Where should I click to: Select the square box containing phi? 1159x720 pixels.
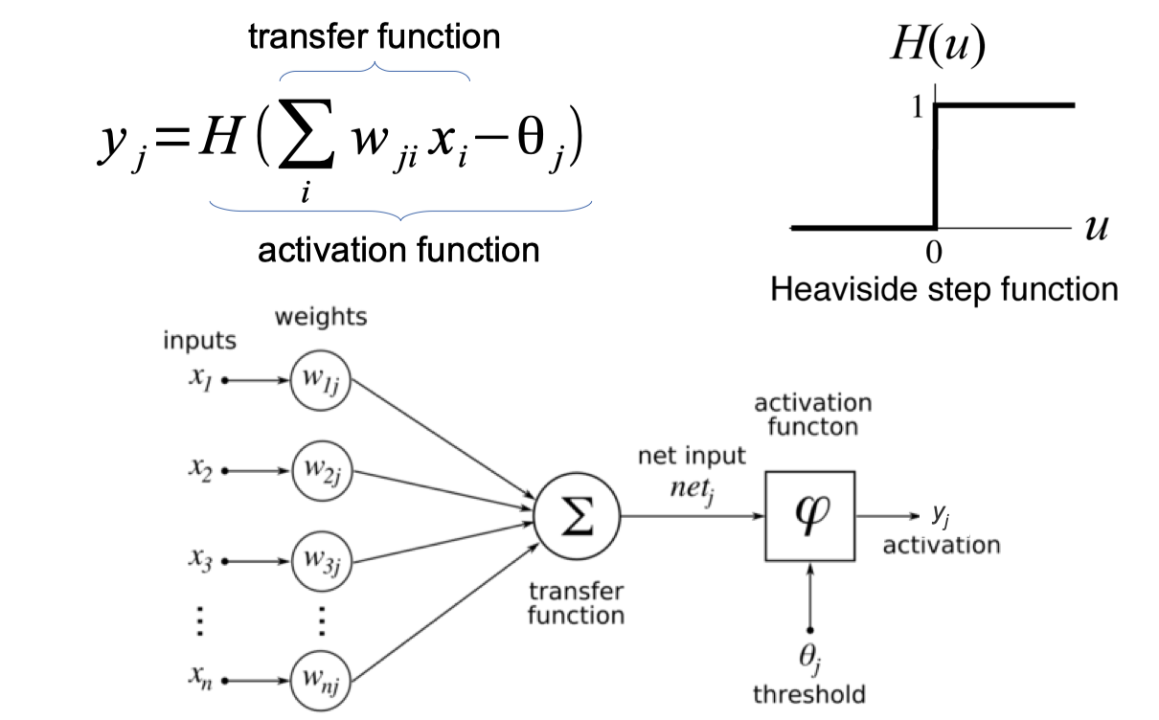(x=809, y=517)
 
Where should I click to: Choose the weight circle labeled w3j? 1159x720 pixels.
(x=322, y=559)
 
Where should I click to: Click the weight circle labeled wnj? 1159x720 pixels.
(x=322, y=681)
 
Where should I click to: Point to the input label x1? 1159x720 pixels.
(x=198, y=378)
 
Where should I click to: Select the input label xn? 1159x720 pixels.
(x=198, y=680)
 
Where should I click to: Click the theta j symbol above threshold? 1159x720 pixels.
(x=810, y=661)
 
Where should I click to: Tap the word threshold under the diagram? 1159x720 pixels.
(x=810, y=694)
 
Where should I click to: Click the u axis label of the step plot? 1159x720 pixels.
(x=1097, y=230)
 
